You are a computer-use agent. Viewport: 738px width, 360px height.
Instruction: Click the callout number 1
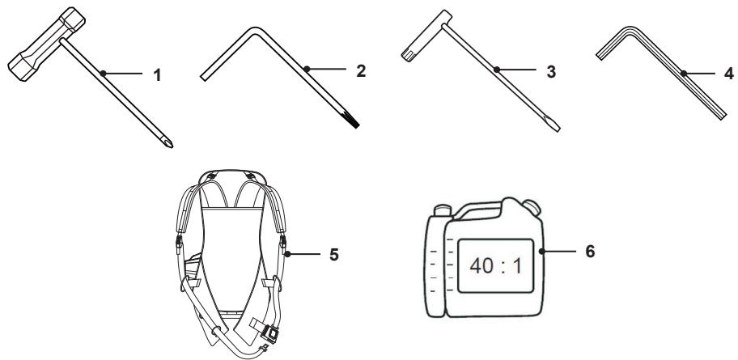158,74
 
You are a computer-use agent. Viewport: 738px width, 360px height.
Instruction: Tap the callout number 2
361,71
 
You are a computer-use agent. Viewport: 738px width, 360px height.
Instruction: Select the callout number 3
552,71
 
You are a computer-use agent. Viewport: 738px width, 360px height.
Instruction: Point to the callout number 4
729,74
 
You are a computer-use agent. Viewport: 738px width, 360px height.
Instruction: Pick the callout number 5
333,255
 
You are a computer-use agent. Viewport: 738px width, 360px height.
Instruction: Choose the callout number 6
590,252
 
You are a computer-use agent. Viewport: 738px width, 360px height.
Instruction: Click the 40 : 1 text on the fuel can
495,266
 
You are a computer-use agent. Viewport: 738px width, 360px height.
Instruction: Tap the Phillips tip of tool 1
168,142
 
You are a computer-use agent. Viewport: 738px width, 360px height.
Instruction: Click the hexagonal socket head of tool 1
47,44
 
